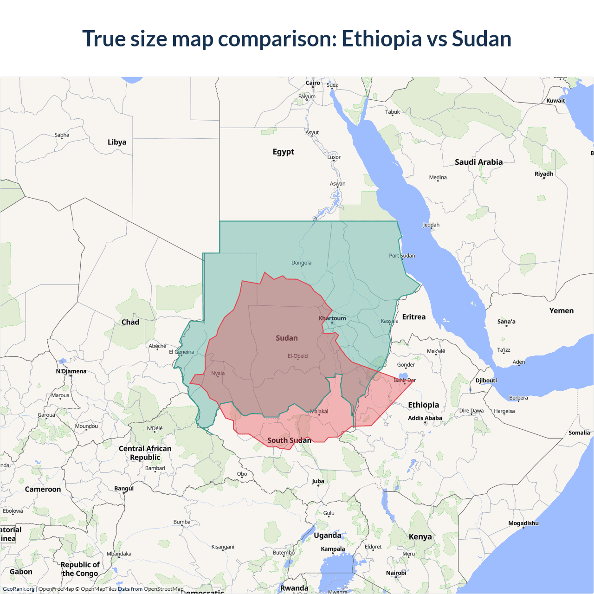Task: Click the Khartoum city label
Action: pos(332,318)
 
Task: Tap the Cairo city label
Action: pos(313,83)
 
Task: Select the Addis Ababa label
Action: pos(425,418)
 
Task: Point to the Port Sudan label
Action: pos(402,256)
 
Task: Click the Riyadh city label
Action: pos(544,174)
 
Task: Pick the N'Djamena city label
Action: pos(71,371)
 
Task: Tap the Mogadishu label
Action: pos(523,523)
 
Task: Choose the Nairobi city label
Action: pos(396,573)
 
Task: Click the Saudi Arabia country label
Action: pos(478,162)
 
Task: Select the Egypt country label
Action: pos(284,152)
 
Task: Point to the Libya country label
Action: pos(117,142)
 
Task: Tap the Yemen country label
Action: pos(561,311)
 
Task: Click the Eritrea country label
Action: pos(413,317)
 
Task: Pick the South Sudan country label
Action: pos(289,440)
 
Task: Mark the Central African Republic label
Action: pos(145,453)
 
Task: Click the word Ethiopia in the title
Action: pos(381,39)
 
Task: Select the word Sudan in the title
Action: pos(481,39)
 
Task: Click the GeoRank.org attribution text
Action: pos(19,589)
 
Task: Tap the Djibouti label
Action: pos(486,381)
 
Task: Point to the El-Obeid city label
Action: pos(297,356)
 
